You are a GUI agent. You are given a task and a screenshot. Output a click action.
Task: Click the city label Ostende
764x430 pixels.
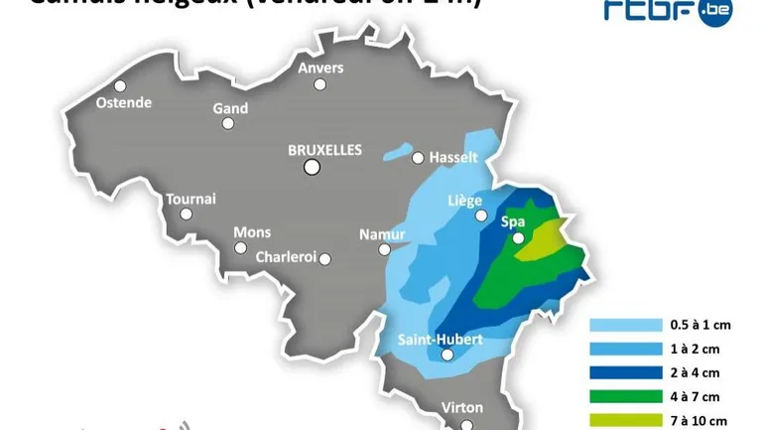pyautogui.click(x=124, y=102)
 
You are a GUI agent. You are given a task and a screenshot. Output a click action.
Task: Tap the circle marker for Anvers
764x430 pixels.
pyautogui.click(x=319, y=84)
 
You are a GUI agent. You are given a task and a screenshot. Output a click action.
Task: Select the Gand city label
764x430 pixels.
pyautogui.click(x=230, y=107)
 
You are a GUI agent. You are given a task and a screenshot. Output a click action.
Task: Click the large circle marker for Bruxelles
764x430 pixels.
pyautogui.click(x=312, y=168)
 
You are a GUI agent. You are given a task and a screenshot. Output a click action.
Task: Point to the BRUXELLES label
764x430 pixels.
pyautogui.click(x=324, y=150)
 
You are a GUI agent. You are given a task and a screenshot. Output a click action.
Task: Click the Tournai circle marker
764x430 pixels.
pyautogui.click(x=186, y=214)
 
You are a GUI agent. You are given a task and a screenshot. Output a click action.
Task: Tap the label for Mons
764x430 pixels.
pyautogui.click(x=252, y=232)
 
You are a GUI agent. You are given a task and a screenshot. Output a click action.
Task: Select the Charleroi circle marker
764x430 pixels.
pyautogui.click(x=324, y=259)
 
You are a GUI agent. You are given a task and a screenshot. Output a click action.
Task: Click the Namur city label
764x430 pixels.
pyautogui.click(x=382, y=234)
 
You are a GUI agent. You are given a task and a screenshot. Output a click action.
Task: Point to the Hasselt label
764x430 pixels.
pyautogui.click(x=453, y=158)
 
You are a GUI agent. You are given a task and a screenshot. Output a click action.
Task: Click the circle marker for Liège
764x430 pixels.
pyautogui.click(x=481, y=215)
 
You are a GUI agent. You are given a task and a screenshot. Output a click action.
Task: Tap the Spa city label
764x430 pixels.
pyautogui.click(x=513, y=221)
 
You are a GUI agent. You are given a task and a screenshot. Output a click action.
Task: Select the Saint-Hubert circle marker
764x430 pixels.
pyautogui.click(x=447, y=355)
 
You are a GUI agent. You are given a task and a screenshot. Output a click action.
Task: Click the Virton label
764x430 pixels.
pyautogui.click(x=461, y=407)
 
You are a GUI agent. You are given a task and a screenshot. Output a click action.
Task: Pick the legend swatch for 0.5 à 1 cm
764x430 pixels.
pyautogui.click(x=625, y=325)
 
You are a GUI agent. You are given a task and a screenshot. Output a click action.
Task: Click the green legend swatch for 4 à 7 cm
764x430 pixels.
pyautogui.click(x=625, y=396)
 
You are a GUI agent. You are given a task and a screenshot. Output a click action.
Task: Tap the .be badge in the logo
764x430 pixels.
pyautogui.click(x=713, y=12)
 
